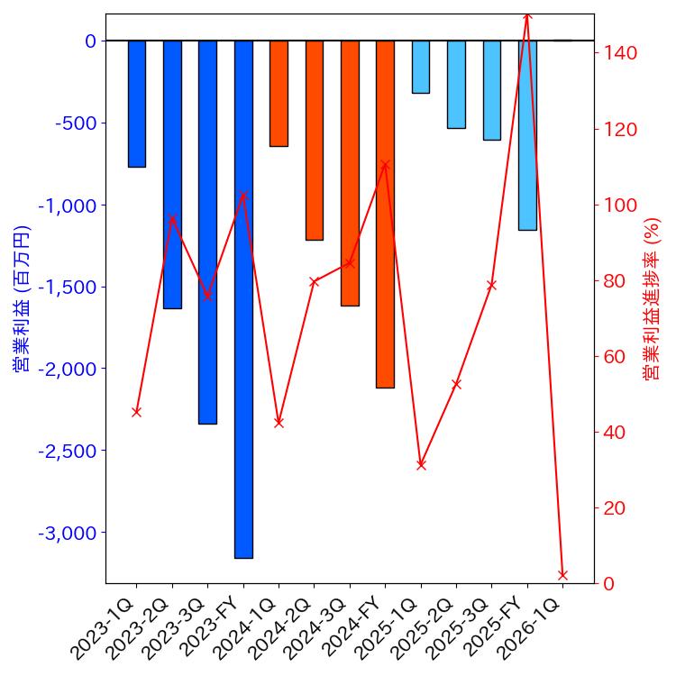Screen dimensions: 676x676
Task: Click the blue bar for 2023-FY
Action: tap(243, 298)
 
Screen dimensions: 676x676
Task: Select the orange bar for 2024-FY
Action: tap(385, 214)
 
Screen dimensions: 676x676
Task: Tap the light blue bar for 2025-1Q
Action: tap(421, 67)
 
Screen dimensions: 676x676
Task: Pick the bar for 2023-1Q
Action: tap(136, 104)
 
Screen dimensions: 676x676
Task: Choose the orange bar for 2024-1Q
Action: tap(279, 93)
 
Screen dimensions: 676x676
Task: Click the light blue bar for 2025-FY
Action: tap(527, 135)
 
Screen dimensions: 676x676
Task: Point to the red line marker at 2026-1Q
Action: tap(562, 574)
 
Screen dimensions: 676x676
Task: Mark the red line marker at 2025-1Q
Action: tap(421, 465)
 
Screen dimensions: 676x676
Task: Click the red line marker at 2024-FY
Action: tap(385, 165)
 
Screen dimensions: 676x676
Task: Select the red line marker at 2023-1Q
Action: tap(136, 412)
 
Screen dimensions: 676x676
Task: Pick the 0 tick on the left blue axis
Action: tap(90, 41)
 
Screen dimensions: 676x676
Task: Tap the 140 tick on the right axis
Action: tap(621, 53)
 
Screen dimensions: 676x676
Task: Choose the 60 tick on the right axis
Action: tap(617, 357)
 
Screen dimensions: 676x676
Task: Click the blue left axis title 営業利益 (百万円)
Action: tap(22, 298)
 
